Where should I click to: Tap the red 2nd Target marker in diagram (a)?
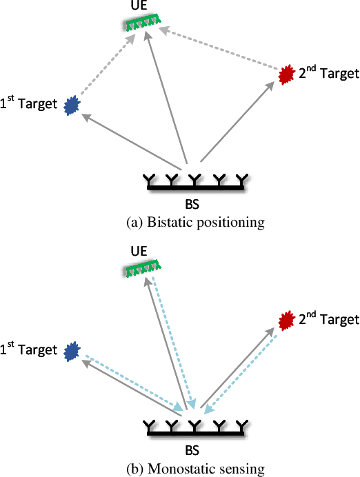(x=286, y=74)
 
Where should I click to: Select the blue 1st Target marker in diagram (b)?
(x=70, y=352)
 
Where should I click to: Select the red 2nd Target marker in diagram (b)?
(x=286, y=320)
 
